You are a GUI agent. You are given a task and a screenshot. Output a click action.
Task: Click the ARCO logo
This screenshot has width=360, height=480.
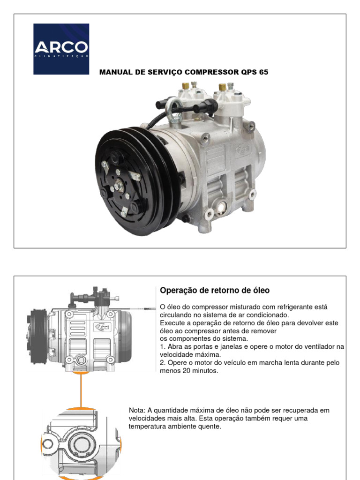[x=61, y=49]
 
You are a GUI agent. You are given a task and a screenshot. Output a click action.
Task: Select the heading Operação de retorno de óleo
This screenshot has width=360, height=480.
[x=215, y=290]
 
